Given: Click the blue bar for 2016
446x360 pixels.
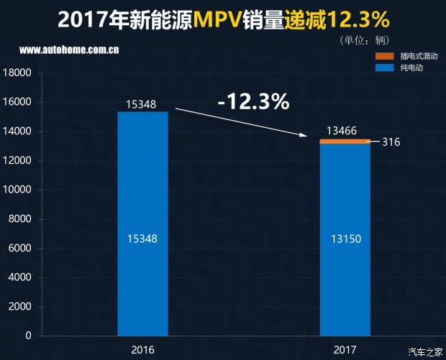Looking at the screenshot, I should pos(142,223).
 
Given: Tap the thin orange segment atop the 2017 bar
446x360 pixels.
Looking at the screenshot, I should pos(345,141).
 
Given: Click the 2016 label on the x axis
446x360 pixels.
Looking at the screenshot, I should pos(142,350).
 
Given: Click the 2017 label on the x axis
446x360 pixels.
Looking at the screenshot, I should pos(345,350).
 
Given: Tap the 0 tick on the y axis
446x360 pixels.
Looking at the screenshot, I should pos(28,336).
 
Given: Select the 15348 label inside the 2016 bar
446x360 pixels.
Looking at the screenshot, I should pos(142,238).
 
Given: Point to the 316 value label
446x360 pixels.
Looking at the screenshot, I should pos(391,142).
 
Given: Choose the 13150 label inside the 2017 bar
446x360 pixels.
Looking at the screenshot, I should pos(345,238).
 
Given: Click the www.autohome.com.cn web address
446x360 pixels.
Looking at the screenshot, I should pos(70,50).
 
